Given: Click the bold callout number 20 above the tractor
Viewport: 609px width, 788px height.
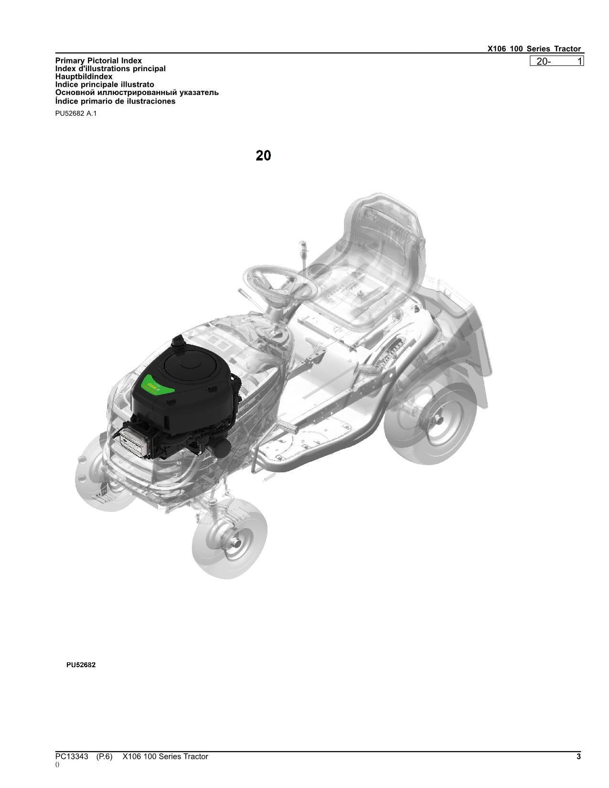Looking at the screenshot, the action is coord(263,156).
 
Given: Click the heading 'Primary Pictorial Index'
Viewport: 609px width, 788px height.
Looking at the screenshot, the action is coord(98,61).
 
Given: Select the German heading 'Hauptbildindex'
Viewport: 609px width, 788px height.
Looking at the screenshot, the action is coord(84,76).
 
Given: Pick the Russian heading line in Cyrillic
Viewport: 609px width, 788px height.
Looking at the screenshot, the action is coord(137,93).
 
